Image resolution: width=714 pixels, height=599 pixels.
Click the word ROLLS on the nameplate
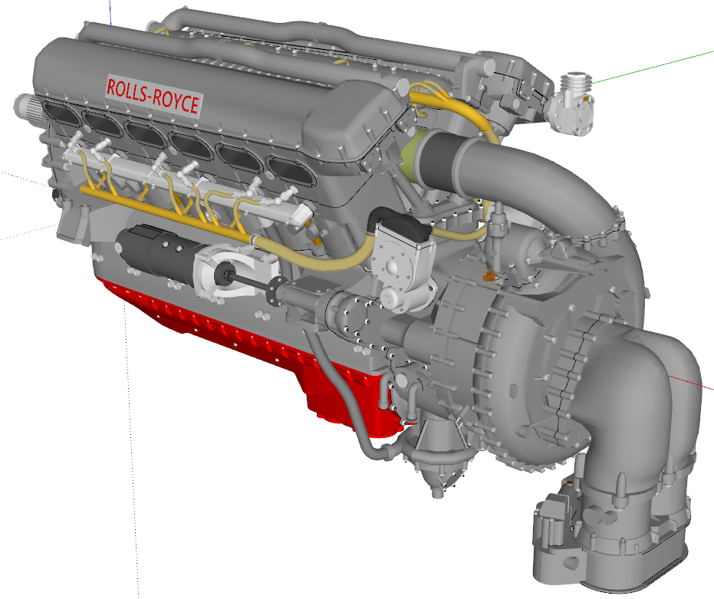(129, 90)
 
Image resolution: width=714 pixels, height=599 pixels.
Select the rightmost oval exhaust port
(288, 172)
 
